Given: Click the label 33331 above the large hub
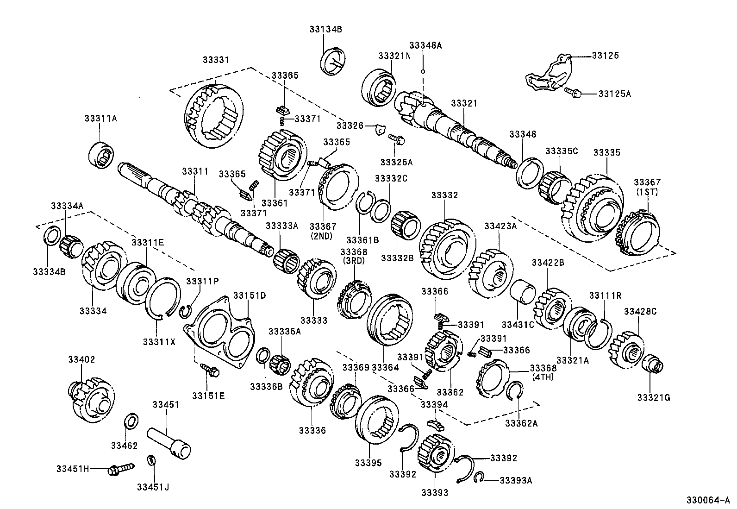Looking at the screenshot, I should point(215,60).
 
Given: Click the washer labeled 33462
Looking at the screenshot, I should point(131,422).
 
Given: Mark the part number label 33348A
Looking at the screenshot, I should point(425,45).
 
